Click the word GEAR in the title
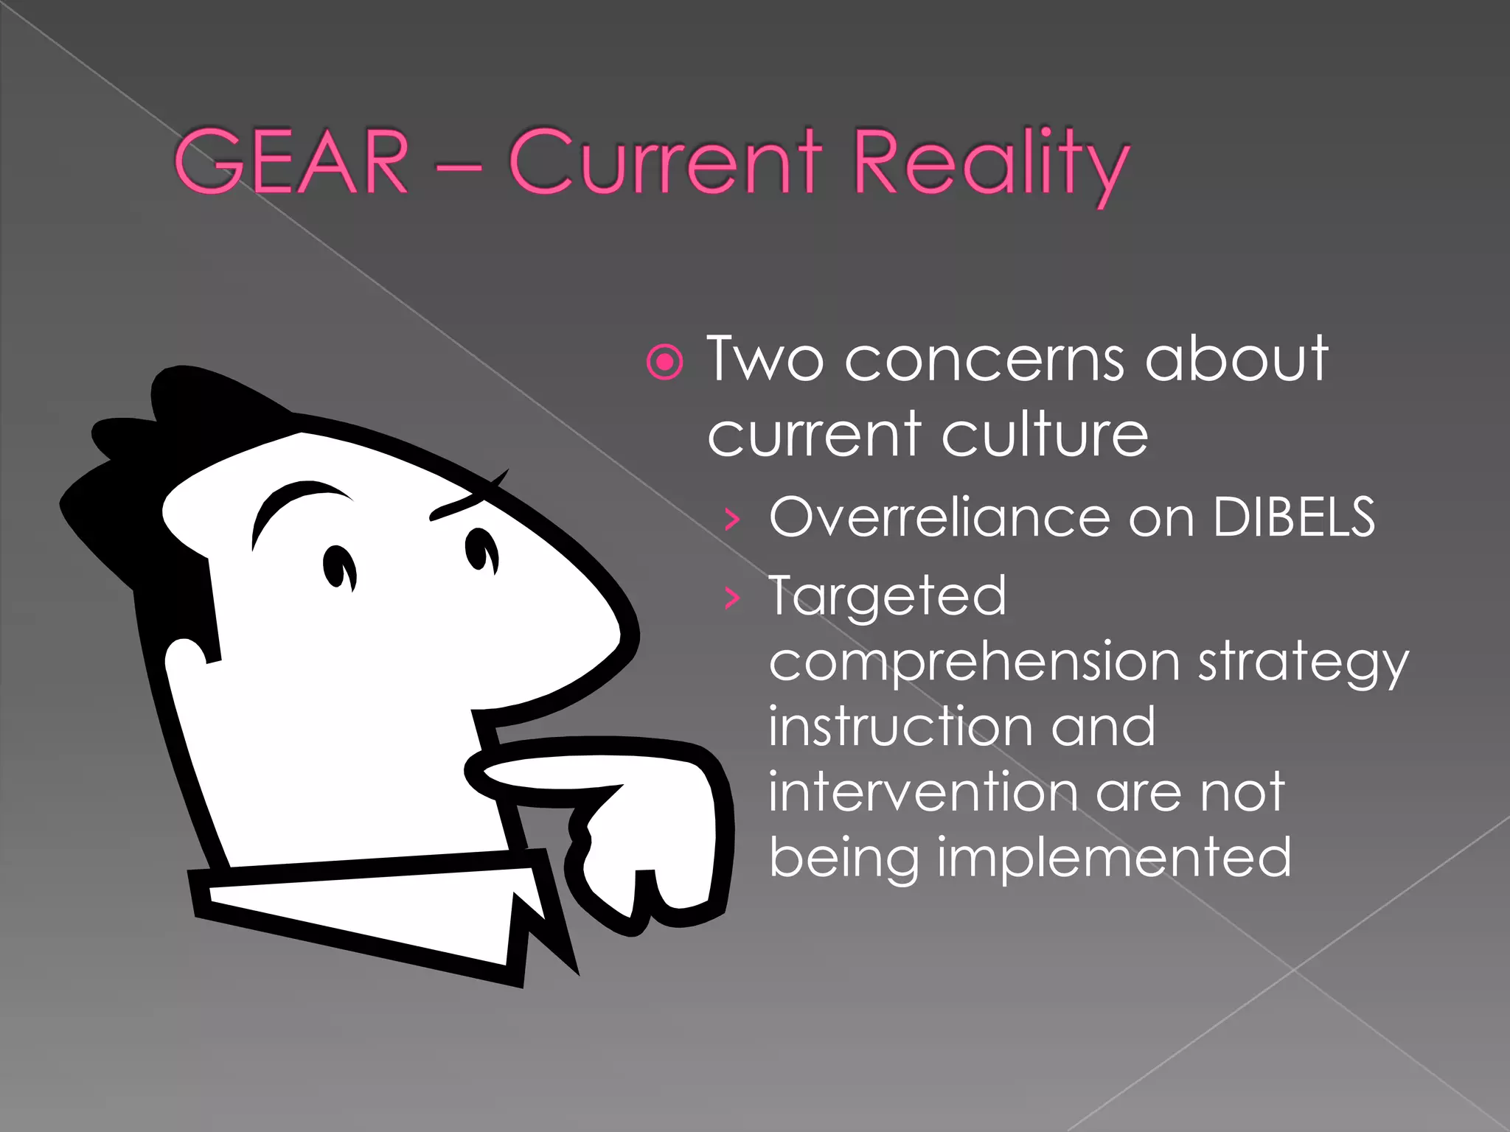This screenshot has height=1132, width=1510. [x=290, y=162]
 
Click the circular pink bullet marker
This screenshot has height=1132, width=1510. [x=665, y=362]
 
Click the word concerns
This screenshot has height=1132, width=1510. [x=984, y=359]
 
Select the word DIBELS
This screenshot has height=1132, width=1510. [x=1293, y=517]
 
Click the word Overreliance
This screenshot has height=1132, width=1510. [x=939, y=517]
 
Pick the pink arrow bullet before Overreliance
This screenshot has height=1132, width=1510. [x=731, y=520]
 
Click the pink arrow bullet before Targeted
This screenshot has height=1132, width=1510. [x=731, y=598]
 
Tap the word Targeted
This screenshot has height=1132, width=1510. [x=887, y=596]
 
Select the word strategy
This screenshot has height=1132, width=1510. [x=1303, y=663]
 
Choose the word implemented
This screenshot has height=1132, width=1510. [x=1113, y=857]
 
